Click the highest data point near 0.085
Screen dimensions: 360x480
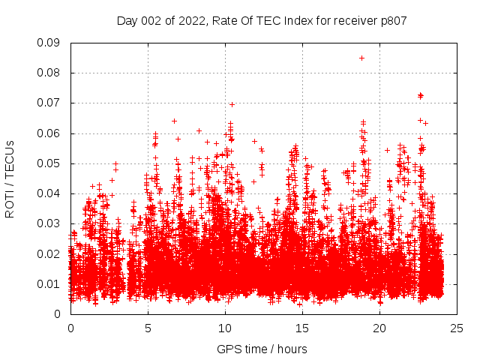(361, 58)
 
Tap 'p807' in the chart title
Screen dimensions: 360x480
(393, 21)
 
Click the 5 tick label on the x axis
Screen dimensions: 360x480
(148, 328)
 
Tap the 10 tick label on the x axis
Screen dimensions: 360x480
(225, 328)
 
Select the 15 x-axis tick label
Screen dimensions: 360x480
(302, 328)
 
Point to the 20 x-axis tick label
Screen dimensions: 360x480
(379, 328)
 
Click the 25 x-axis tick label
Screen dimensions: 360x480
(457, 328)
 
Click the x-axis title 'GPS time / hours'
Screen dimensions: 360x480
(262, 349)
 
